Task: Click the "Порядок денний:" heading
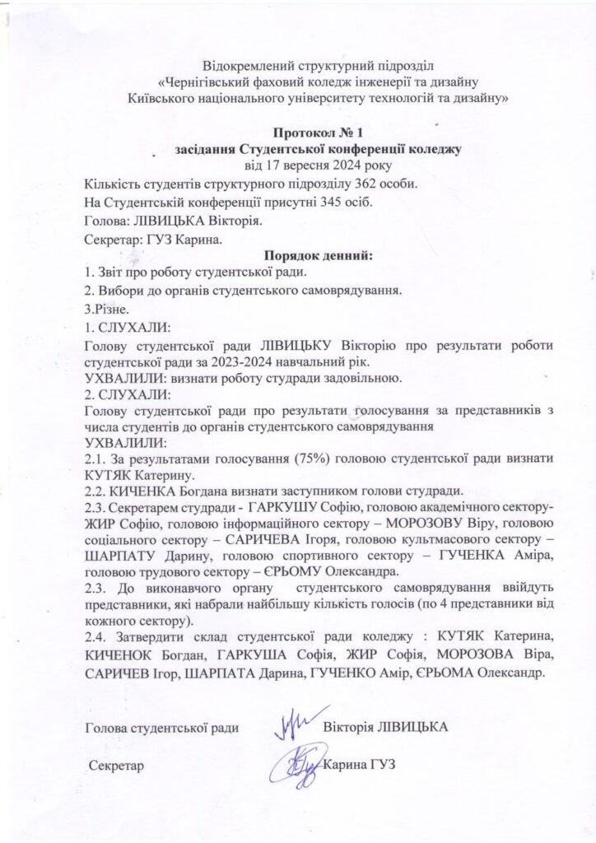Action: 317,256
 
